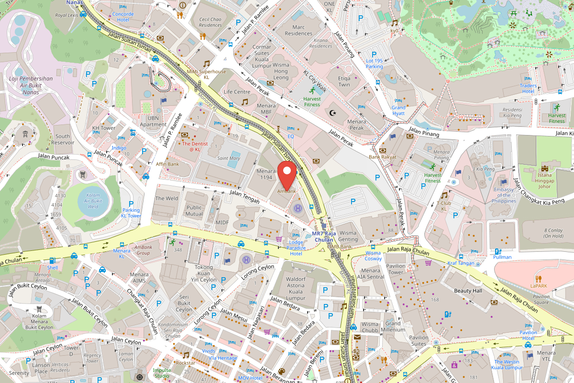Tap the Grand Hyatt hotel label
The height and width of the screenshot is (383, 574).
click(x=398, y=111)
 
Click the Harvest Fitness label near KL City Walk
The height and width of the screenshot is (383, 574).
click(x=312, y=101)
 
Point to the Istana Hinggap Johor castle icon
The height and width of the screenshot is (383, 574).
click(x=545, y=168)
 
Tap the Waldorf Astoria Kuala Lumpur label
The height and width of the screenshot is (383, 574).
click(x=295, y=288)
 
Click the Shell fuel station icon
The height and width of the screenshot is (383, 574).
click(x=52, y=260)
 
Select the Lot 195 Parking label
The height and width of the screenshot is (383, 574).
click(x=374, y=63)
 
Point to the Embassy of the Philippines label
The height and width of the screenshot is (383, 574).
click(x=504, y=195)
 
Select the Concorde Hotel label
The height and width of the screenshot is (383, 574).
click(x=123, y=17)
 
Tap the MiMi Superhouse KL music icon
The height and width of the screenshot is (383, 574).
click(x=206, y=63)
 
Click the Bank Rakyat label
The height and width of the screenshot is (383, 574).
click(x=382, y=157)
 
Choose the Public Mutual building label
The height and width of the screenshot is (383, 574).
click(x=194, y=211)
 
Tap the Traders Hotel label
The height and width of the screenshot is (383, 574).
click(x=528, y=89)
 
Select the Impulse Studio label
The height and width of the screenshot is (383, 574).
click(x=161, y=372)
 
